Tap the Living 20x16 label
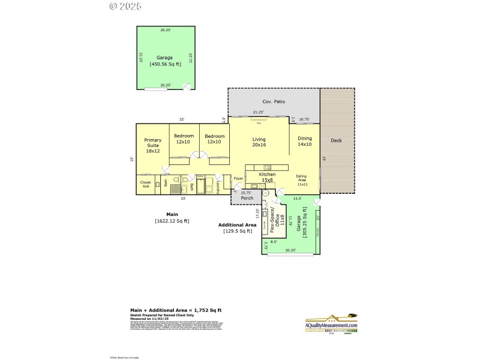[x=259, y=142]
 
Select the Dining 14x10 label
[x=305, y=142]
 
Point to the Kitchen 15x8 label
[x=267, y=177]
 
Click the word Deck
[x=337, y=140]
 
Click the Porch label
[x=246, y=197]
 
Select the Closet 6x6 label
[x=146, y=184]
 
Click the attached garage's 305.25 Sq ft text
[x=305, y=223]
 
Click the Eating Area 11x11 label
[x=301, y=181]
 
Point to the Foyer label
[x=238, y=178]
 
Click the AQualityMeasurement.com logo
[x=332, y=325]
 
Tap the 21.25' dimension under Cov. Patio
[x=259, y=112]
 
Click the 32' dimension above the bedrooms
[x=181, y=119]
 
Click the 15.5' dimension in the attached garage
[x=297, y=199]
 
